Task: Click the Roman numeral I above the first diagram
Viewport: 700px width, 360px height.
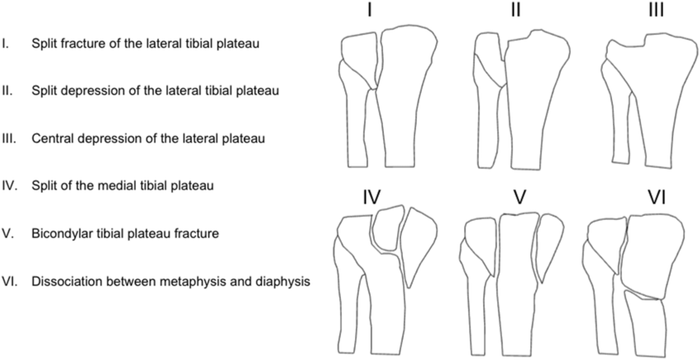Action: pyautogui.click(x=371, y=12)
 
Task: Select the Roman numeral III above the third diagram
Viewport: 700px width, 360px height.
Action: pyautogui.click(x=656, y=12)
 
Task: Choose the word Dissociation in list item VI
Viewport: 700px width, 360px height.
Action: pyautogui.click(x=65, y=281)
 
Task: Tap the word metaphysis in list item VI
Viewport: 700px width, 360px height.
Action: pyautogui.click(x=205, y=281)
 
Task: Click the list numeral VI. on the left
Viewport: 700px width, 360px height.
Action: pyautogui.click(x=9, y=281)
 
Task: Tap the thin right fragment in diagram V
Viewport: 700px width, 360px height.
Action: pyautogui.click(x=548, y=243)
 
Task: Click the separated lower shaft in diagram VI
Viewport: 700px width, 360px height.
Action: pyautogui.click(x=646, y=325)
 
